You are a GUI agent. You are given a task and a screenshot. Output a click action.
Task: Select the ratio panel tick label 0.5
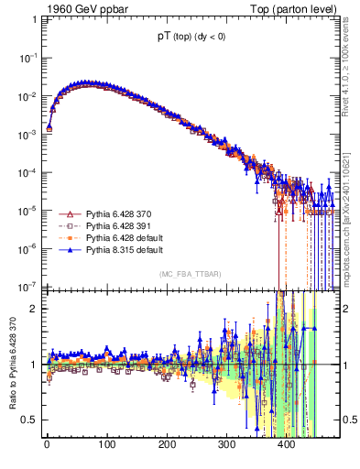tap(28, 420)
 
